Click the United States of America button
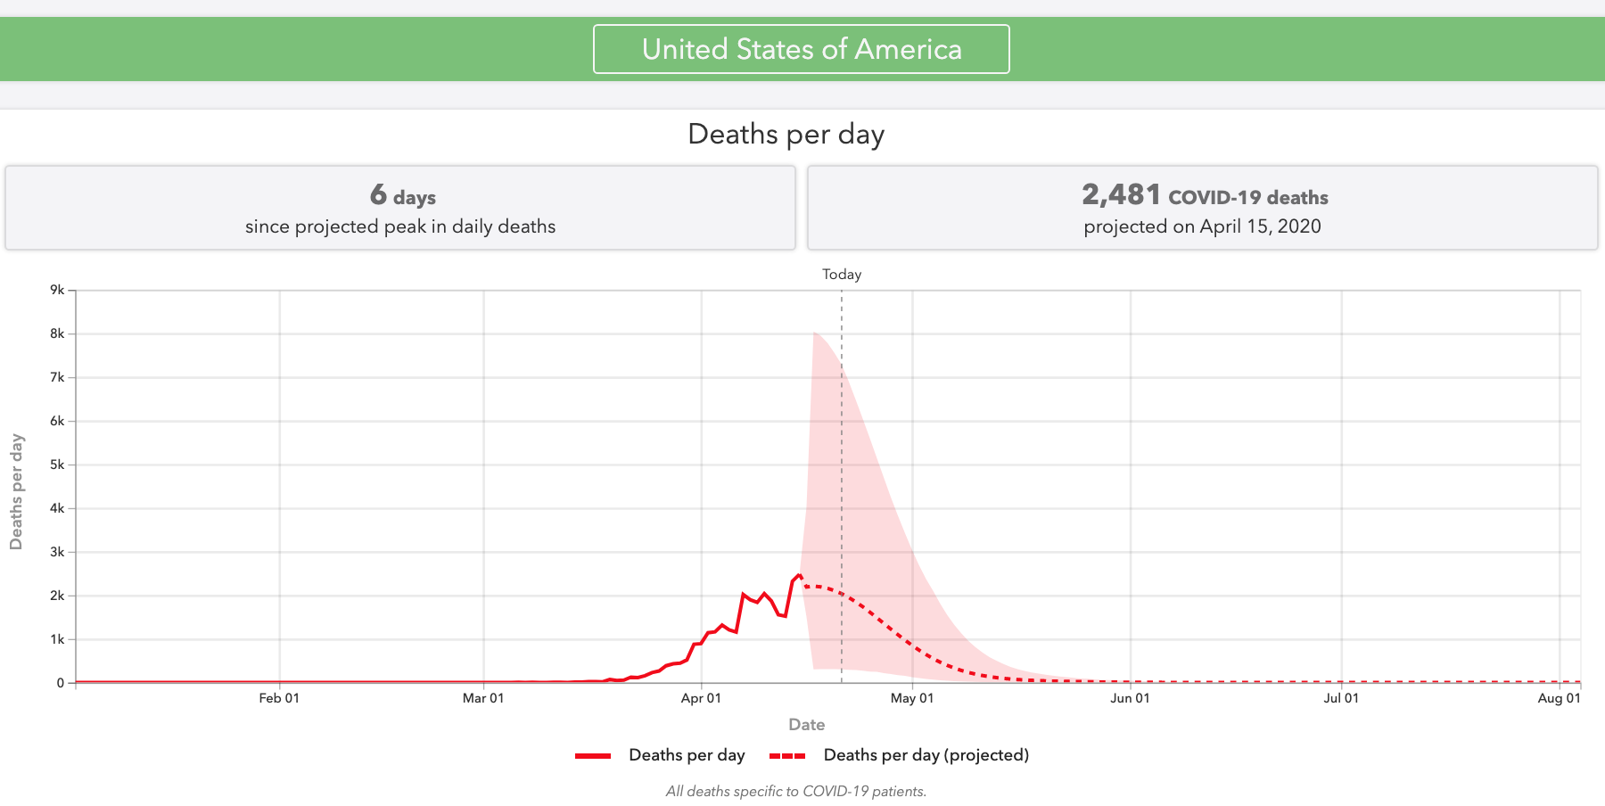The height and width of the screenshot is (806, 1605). coord(801,49)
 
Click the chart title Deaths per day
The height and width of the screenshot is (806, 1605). coord(786,135)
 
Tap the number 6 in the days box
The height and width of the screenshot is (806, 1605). coord(378,194)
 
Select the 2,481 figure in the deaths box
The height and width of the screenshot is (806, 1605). coord(1121,194)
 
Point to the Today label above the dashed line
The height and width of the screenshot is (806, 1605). coord(841,275)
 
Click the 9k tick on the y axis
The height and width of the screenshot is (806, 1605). coord(57,290)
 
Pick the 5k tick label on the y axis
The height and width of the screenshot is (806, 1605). coord(57,465)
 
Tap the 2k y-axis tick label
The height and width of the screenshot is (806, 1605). coord(57,596)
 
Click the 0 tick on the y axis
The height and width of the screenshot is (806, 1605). coord(61,683)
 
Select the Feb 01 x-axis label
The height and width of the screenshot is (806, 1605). coord(279,698)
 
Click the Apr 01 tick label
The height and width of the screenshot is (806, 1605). coord(701,698)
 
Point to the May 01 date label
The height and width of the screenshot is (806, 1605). coord(911,698)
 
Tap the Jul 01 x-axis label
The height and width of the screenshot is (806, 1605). coord(1341,698)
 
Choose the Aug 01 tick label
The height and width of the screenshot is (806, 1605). coord(1559,698)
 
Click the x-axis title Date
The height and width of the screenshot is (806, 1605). coord(806,725)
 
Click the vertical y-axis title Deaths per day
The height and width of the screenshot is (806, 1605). coord(16,491)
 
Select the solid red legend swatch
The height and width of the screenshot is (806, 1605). coord(593,756)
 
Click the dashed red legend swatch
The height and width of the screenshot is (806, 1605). coord(787,756)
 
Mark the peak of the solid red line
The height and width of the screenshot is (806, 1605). coord(799,575)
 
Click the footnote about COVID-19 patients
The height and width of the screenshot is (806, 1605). coord(795,792)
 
